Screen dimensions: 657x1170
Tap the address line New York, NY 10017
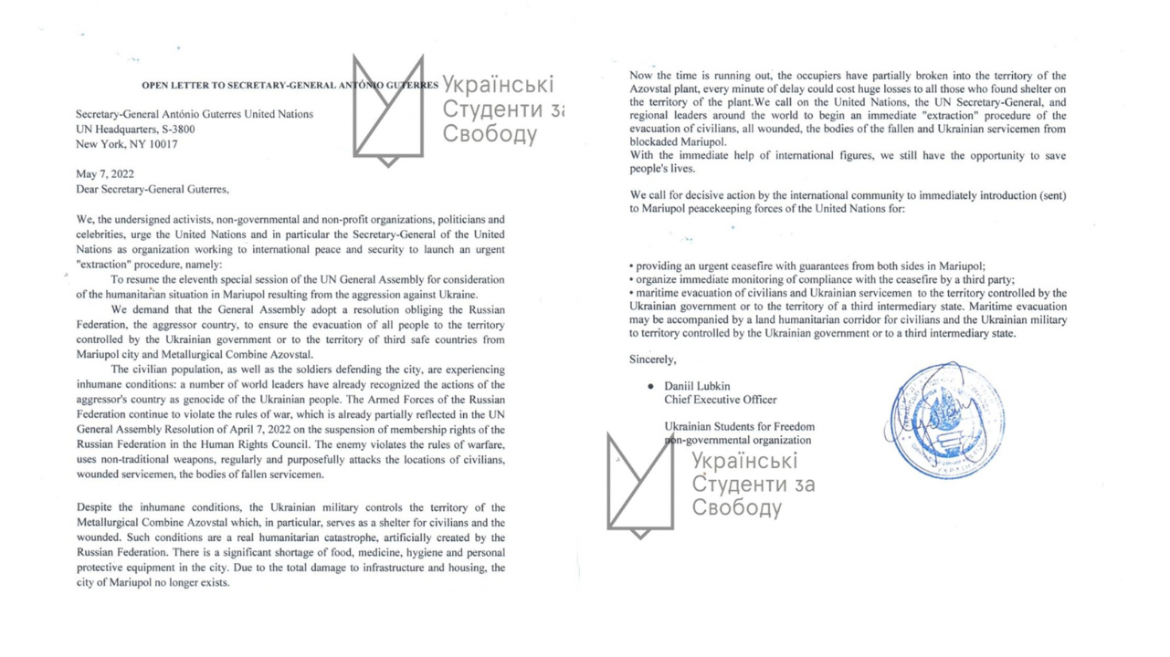pos(126,144)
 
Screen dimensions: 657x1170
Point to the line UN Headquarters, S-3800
pos(135,130)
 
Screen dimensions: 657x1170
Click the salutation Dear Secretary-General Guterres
pos(153,189)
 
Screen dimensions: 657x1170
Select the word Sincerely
pos(653,359)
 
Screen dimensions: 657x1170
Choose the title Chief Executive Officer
pos(721,400)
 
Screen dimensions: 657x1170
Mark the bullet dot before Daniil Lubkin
pos(650,387)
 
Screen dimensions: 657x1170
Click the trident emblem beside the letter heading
pos(388,109)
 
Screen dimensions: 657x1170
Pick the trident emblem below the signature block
pos(640,484)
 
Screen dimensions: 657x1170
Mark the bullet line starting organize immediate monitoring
pos(822,279)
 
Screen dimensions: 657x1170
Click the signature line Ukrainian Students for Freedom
pos(739,426)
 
